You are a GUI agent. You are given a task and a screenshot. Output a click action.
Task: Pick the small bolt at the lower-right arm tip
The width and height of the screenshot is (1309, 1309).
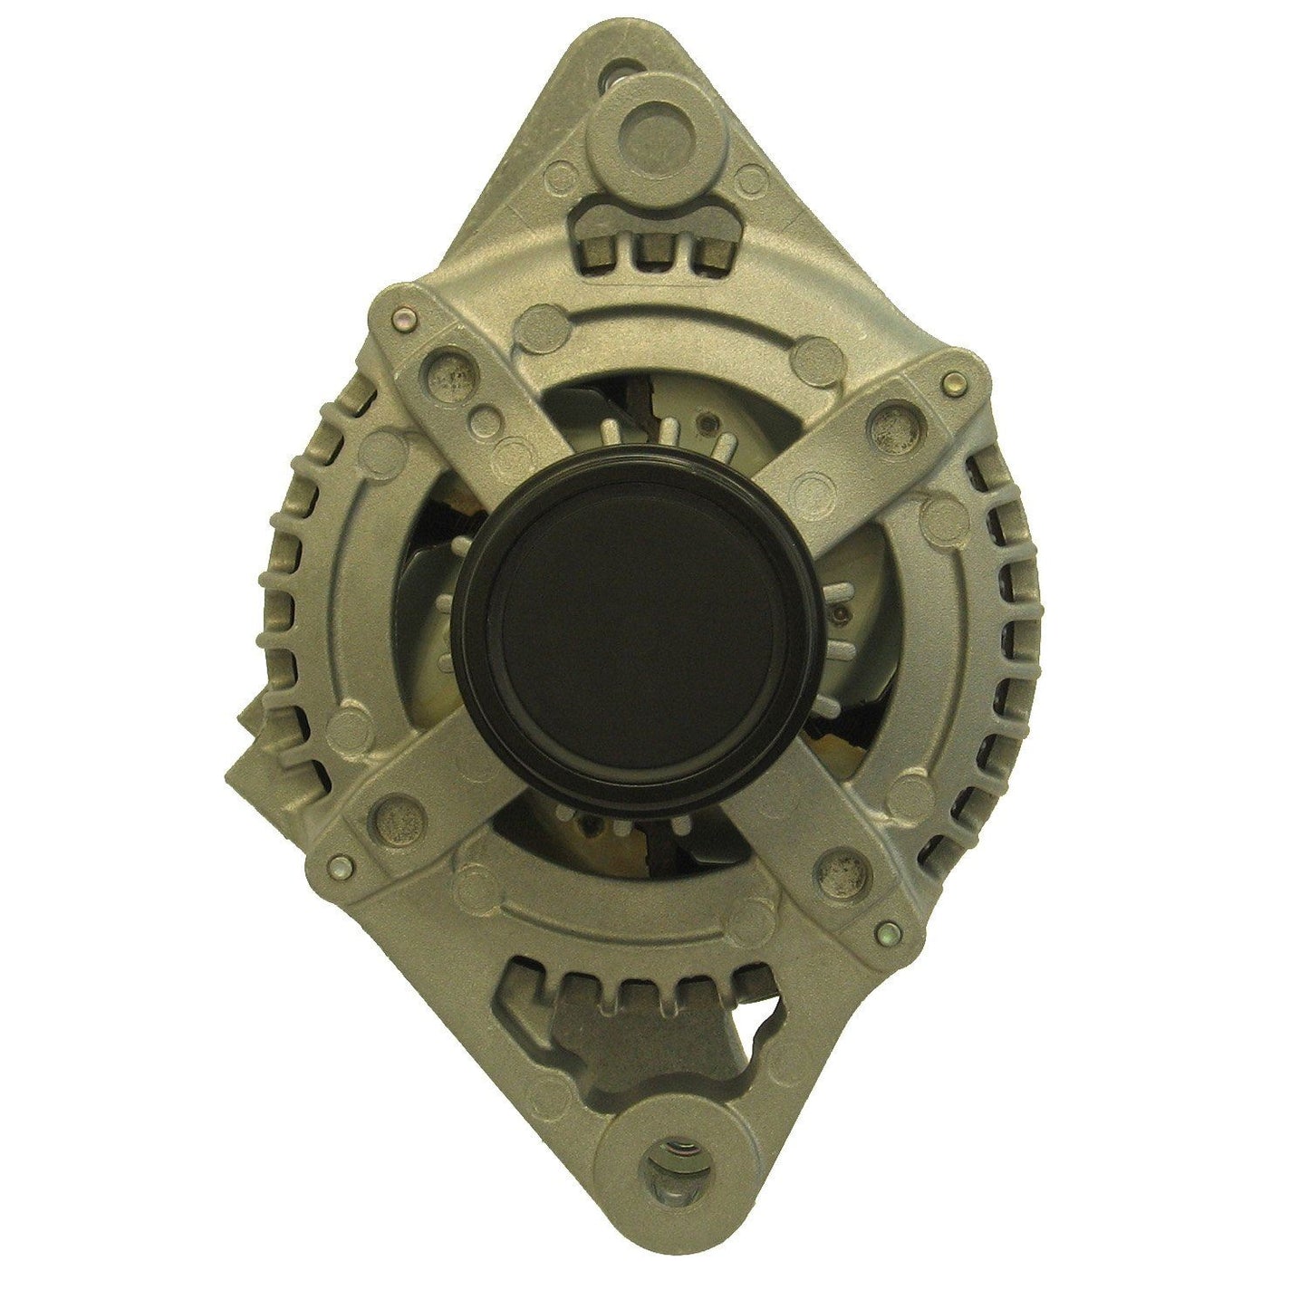click(890, 930)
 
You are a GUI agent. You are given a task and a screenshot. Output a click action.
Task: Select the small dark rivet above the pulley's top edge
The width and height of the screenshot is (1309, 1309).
click(704, 420)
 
